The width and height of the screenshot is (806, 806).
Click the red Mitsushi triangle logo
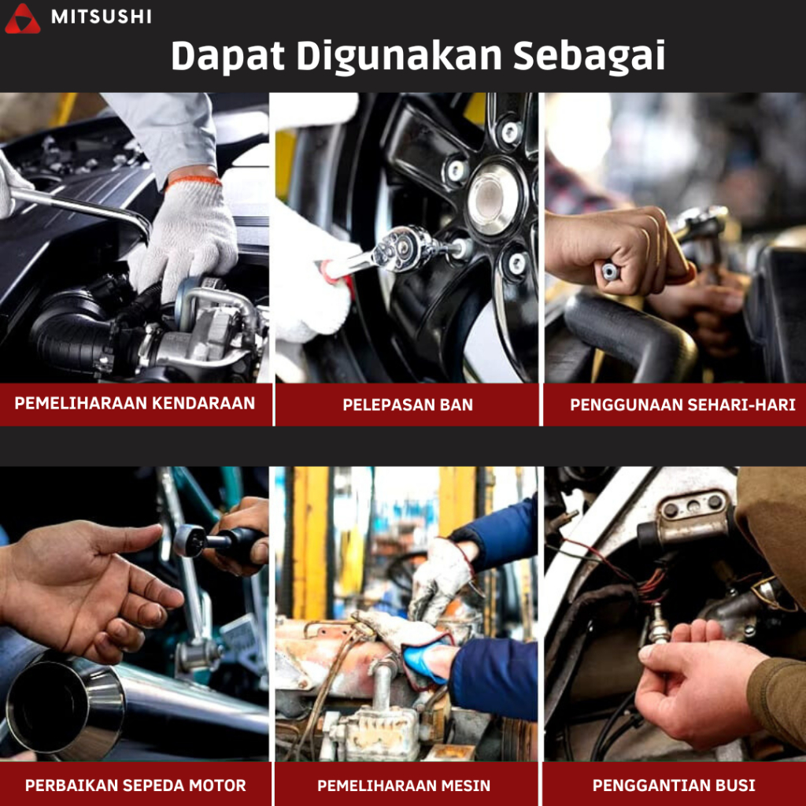[22, 19]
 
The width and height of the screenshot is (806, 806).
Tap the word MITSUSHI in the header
[102, 17]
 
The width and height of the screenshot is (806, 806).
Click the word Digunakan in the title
[399, 56]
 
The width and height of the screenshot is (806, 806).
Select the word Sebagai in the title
[589, 56]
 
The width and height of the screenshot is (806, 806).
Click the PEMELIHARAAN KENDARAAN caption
[135, 403]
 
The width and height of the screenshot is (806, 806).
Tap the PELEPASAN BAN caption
[408, 405]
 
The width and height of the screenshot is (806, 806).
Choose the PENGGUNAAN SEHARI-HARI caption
[682, 405]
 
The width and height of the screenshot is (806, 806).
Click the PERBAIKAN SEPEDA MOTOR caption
[135, 786]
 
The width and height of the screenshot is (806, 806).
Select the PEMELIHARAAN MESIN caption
[404, 786]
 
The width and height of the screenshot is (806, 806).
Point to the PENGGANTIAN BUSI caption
[674, 786]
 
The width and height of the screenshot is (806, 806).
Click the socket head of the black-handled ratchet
[189, 540]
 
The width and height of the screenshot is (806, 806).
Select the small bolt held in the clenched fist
[610, 271]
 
